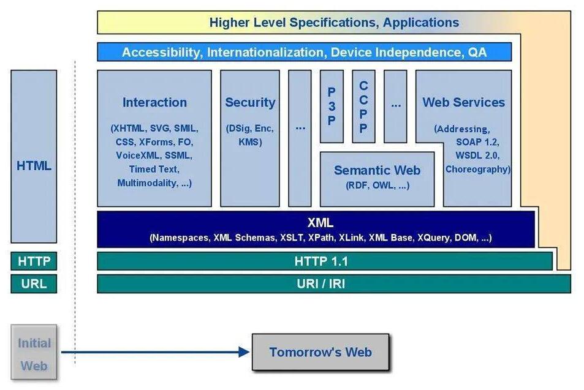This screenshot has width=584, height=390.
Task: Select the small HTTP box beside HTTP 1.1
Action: click(34, 261)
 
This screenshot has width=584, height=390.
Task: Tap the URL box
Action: click(34, 284)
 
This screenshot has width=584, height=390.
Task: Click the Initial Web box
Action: click(34, 354)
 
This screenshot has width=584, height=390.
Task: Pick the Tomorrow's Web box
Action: click(320, 352)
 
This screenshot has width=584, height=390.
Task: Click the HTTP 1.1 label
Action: click(321, 261)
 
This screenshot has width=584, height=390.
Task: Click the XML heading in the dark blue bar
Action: click(320, 223)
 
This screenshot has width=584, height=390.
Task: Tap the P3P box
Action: click(332, 107)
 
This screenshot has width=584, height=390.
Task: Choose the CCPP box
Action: click(363, 107)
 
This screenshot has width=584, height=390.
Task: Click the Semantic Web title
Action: click(377, 170)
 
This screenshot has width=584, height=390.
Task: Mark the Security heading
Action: click(250, 102)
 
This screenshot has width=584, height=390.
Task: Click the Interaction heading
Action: click(154, 102)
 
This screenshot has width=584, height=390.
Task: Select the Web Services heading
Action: click(463, 102)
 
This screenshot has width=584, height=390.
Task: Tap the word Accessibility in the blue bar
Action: click(161, 52)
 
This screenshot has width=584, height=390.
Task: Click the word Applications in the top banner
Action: click(421, 23)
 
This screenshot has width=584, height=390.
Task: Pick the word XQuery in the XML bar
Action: click(435, 238)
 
